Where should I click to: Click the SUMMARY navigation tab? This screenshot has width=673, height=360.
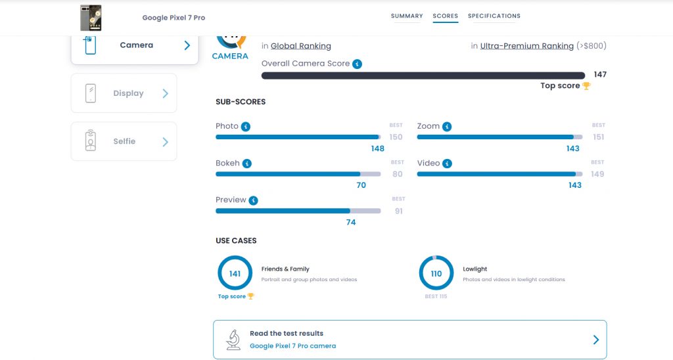point(407,16)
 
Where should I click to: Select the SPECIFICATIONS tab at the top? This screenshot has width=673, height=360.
point(494,16)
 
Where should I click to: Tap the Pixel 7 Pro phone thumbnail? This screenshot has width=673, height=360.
point(91,18)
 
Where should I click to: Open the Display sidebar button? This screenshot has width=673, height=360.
point(124,93)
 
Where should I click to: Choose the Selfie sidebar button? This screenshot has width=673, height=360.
point(124,141)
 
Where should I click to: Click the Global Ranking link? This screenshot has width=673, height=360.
point(301,46)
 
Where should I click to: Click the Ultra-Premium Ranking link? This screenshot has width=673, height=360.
point(526,46)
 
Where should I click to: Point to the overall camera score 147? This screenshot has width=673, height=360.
point(599,75)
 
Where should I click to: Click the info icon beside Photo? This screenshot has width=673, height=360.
point(246,126)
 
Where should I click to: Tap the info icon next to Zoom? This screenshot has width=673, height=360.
point(447,126)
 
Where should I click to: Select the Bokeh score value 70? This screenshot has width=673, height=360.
point(361,185)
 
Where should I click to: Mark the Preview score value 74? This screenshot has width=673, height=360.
point(351,223)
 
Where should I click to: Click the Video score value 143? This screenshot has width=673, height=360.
point(574,185)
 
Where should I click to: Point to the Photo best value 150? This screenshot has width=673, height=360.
point(396,137)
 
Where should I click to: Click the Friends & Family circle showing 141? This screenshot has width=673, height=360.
point(235,273)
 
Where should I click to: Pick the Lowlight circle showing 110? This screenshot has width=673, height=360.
point(436,273)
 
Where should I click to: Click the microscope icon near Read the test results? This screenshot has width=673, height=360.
point(233,339)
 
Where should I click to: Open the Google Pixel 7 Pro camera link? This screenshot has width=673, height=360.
point(292,346)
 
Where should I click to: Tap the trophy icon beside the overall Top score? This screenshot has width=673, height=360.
point(586,86)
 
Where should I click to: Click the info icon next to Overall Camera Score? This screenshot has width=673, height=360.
point(357,64)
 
